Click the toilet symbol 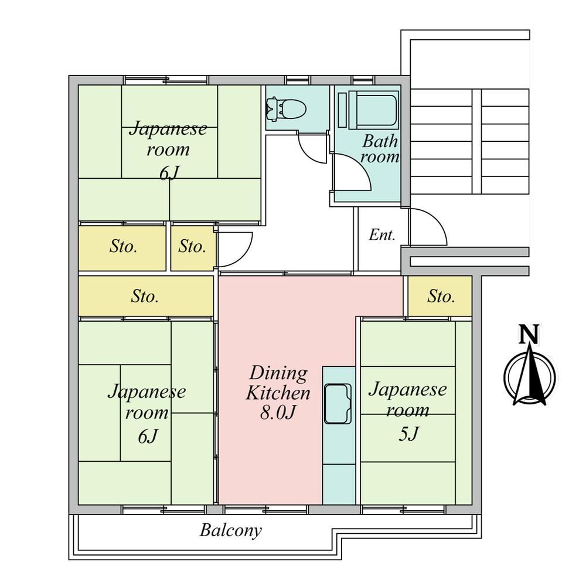[x=287, y=109]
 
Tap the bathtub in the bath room [x=373, y=110]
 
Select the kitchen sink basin [x=338, y=403]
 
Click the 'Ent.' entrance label [x=382, y=235]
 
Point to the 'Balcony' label [x=230, y=530]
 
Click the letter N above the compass [x=529, y=334]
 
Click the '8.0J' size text [x=278, y=412]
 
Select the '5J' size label [x=408, y=434]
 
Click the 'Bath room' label [x=380, y=149]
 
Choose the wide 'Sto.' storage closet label [x=145, y=297]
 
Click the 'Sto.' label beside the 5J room [x=441, y=297]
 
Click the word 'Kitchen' [x=278, y=393]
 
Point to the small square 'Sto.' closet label [x=192, y=247]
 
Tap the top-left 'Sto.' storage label [x=123, y=247]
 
